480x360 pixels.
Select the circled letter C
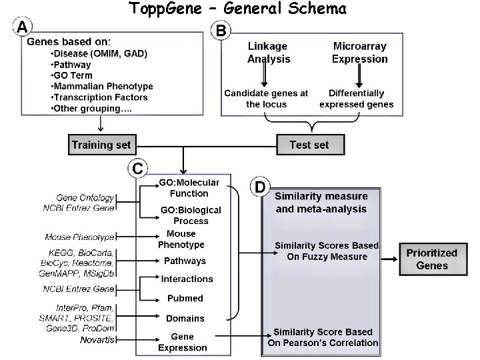pyautogui.click(x=137, y=169)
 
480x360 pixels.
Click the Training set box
pyautogui.click(x=101, y=144)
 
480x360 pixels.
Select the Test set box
pyautogui.click(x=309, y=144)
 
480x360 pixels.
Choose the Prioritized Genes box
pyautogui.click(x=432, y=259)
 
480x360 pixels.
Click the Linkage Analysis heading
pyautogui.click(x=269, y=53)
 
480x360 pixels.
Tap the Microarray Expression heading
pyautogui.click(x=360, y=53)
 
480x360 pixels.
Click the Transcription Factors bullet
pyautogui.click(x=99, y=97)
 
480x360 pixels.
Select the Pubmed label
pyautogui.click(x=185, y=298)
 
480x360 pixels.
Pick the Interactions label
pyautogui.click(x=187, y=279)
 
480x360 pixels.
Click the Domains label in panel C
pyautogui.click(x=185, y=318)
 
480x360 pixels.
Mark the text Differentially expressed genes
pyautogui.click(x=357, y=99)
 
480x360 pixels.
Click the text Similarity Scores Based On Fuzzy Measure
pyautogui.click(x=326, y=251)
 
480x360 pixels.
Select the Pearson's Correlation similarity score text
pyautogui.click(x=323, y=337)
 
